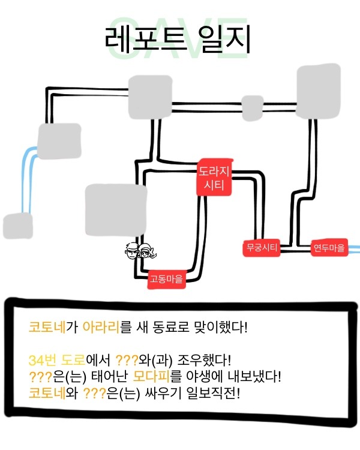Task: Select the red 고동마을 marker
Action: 166,278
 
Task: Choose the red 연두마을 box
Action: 329,247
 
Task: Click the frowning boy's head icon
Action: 133,251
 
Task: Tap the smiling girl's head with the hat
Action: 148,251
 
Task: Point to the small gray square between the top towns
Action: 252,107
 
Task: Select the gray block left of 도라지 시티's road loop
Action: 108,209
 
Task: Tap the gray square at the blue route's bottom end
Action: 17,227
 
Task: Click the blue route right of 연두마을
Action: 354,247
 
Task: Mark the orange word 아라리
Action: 101,328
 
